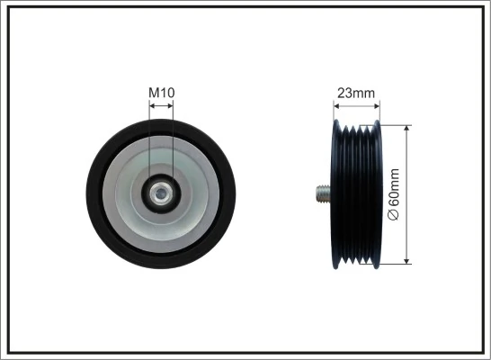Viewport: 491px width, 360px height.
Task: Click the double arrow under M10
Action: point(162,105)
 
